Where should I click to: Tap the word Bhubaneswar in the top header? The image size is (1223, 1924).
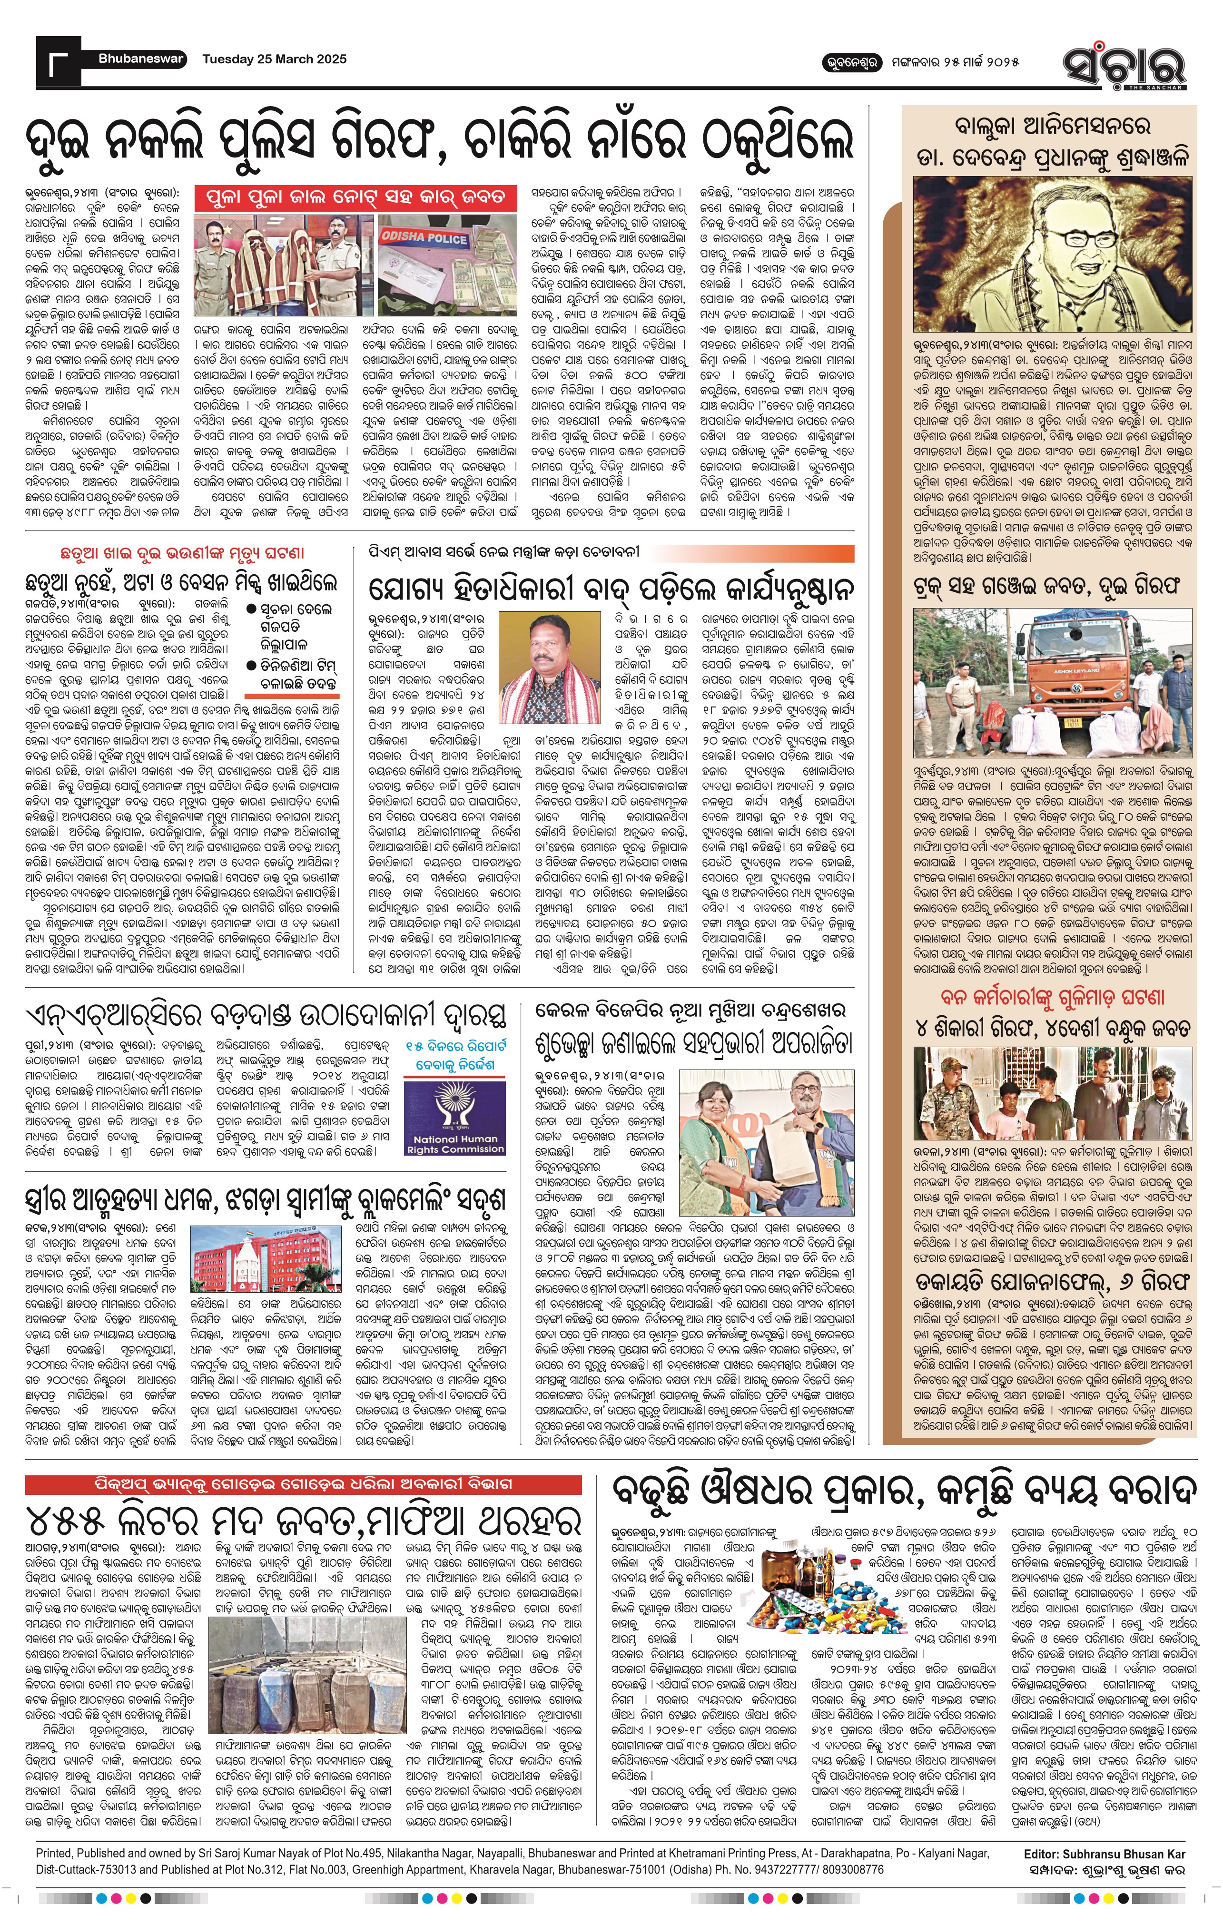point(141,59)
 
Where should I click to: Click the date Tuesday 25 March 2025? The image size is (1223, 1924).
point(274,59)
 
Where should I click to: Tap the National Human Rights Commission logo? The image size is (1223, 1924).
point(455,1116)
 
